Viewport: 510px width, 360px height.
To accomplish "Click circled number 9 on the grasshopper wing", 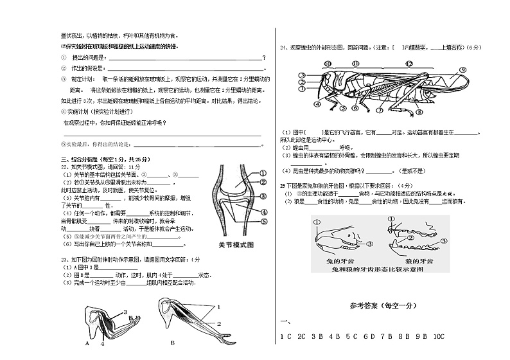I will [x=461, y=69].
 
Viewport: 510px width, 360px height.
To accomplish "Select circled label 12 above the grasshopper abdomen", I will [x=409, y=64].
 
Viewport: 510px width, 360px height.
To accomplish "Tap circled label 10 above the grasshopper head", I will [x=328, y=64].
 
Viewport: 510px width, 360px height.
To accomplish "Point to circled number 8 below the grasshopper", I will [x=419, y=111].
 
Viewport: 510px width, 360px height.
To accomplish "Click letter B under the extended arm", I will [x=172, y=343].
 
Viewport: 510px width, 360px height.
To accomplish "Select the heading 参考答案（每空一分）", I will [x=383, y=305].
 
